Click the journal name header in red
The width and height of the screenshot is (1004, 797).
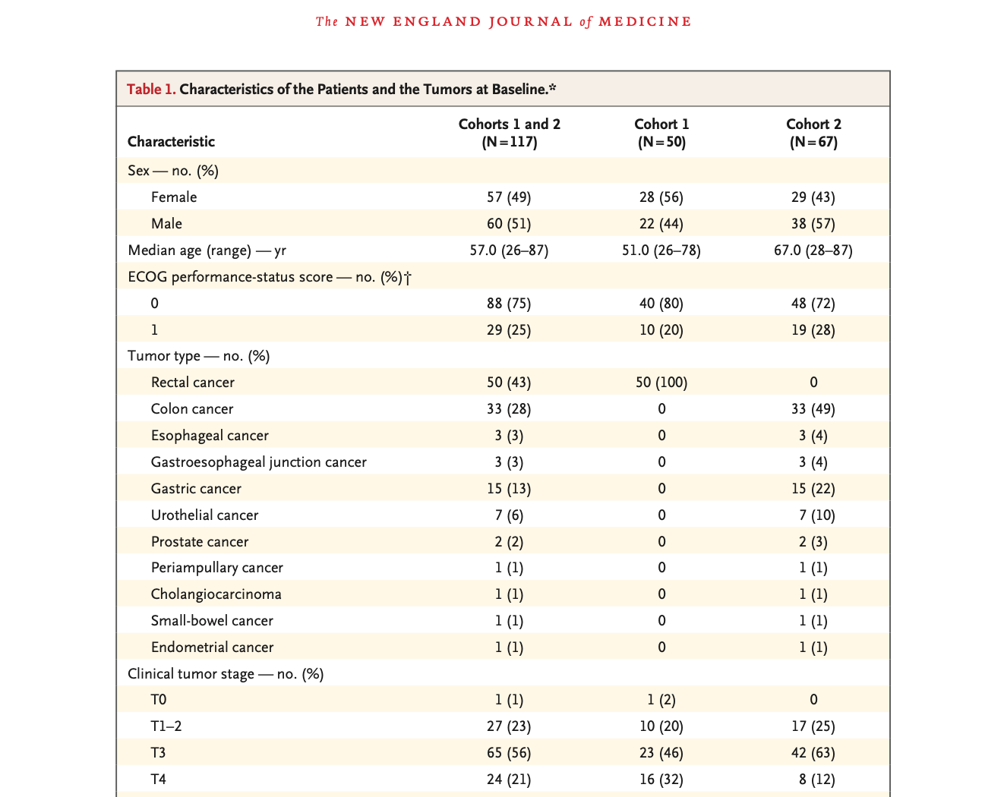click(x=503, y=22)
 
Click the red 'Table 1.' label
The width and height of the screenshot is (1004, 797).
click(x=151, y=89)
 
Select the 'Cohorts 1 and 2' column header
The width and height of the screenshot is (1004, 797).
click(x=510, y=133)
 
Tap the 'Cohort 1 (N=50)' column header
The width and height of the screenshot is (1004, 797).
click(x=661, y=133)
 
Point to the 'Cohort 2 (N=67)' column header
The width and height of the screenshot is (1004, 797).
click(x=813, y=133)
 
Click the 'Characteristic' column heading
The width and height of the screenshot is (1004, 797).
click(x=171, y=141)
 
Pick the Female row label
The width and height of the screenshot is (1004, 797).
click(x=174, y=197)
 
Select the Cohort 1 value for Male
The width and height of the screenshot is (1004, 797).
click(x=661, y=224)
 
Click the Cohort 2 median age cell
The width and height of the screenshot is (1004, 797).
click(x=813, y=250)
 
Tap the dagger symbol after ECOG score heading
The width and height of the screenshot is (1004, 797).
click(x=408, y=278)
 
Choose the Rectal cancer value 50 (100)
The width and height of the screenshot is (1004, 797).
click(x=661, y=383)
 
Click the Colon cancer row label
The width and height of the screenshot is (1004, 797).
click(x=191, y=409)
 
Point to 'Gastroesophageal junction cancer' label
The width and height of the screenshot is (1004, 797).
click(x=259, y=462)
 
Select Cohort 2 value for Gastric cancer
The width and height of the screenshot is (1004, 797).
click(x=813, y=489)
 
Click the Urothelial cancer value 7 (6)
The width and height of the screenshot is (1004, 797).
click(x=509, y=515)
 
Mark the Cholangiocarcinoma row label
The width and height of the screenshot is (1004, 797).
click(x=216, y=594)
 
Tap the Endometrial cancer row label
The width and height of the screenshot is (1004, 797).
click(x=213, y=647)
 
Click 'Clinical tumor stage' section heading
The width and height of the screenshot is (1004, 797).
click(x=226, y=674)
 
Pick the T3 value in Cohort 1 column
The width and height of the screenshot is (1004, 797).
click(x=661, y=753)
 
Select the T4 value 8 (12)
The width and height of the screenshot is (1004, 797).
click(x=817, y=780)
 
